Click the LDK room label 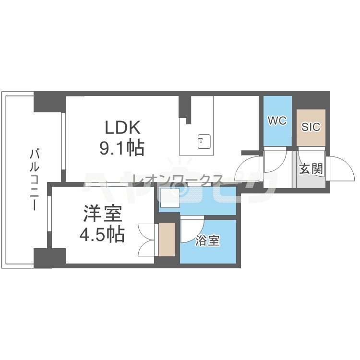122,127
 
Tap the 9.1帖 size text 122,148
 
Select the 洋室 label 103,214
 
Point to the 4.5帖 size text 102,235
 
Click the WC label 277,120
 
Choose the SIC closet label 311,127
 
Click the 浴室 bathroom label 207,240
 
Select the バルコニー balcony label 34,180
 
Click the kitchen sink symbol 204,142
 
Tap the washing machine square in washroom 170,198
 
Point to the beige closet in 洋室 167,239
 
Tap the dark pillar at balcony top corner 49,102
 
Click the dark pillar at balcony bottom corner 49,258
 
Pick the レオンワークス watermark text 178,180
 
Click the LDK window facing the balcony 63,142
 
